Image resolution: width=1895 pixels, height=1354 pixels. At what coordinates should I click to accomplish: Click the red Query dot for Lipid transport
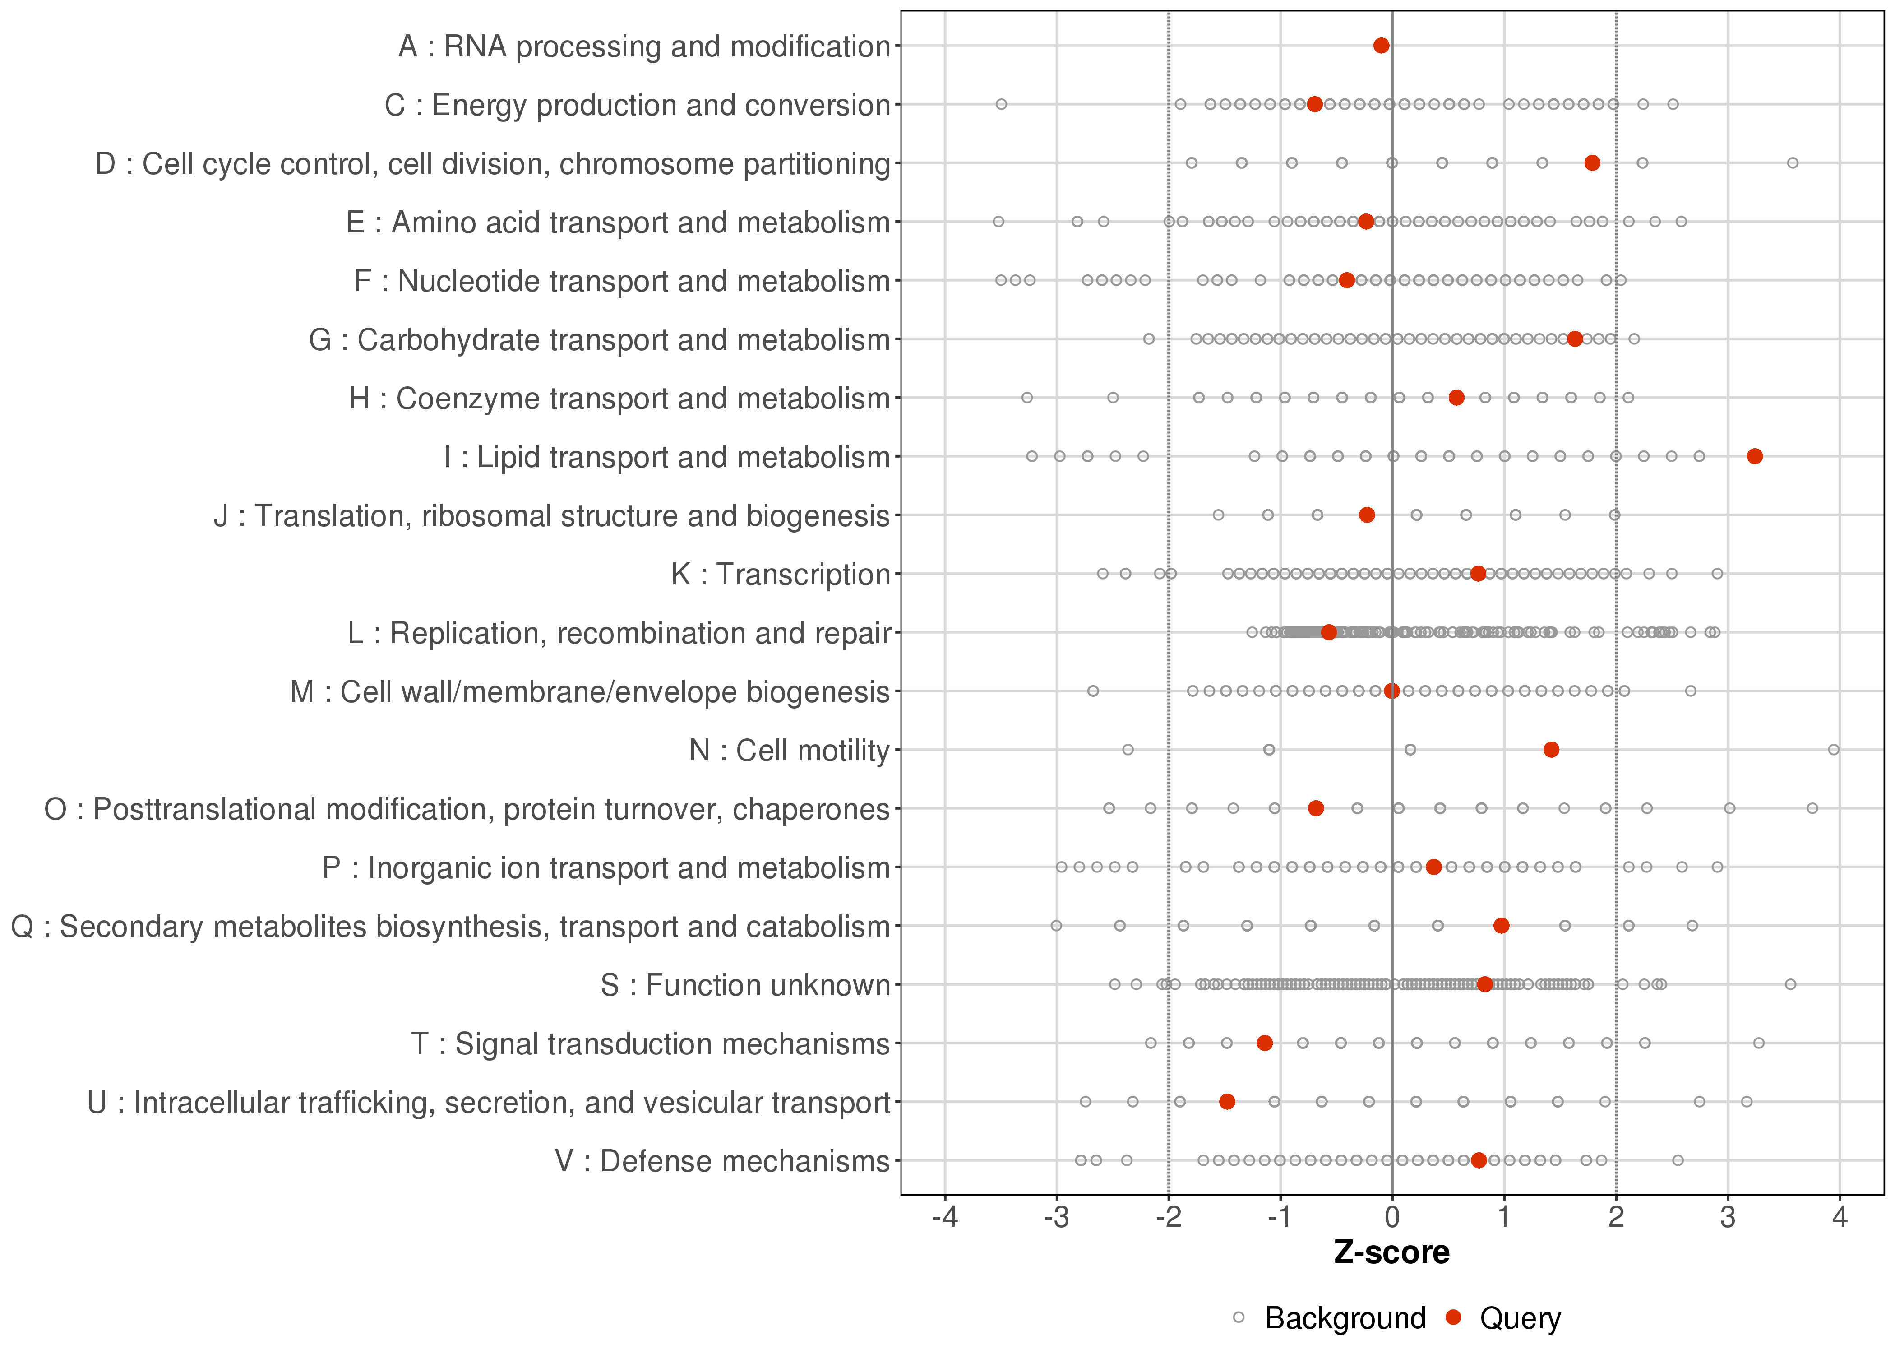tap(1754, 456)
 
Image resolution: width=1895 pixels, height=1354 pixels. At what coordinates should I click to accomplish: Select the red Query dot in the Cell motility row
tap(1551, 750)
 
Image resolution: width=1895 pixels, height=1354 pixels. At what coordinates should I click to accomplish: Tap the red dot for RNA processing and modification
tap(1381, 45)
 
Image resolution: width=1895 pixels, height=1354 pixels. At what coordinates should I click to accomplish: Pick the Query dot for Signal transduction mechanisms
tap(1264, 1043)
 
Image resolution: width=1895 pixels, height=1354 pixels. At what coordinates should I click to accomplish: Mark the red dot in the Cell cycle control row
tap(1592, 162)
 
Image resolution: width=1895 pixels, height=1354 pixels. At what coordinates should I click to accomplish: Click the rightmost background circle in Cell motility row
tap(1833, 750)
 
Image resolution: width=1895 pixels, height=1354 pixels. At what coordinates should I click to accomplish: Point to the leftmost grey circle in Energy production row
tap(1002, 104)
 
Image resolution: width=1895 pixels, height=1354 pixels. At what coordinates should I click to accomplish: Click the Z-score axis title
tap(1391, 1252)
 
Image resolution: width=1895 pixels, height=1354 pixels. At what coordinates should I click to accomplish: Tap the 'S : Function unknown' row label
tap(745, 985)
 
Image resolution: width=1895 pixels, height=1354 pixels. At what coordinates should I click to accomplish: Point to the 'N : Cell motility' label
tap(789, 751)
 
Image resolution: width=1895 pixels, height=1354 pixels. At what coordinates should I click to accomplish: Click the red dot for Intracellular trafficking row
tap(1227, 1101)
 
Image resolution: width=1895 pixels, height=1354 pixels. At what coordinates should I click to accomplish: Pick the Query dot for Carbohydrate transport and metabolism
tap(1574, 338)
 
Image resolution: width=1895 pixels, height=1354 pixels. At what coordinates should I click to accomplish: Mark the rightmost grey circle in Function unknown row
tap(1790, 985)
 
